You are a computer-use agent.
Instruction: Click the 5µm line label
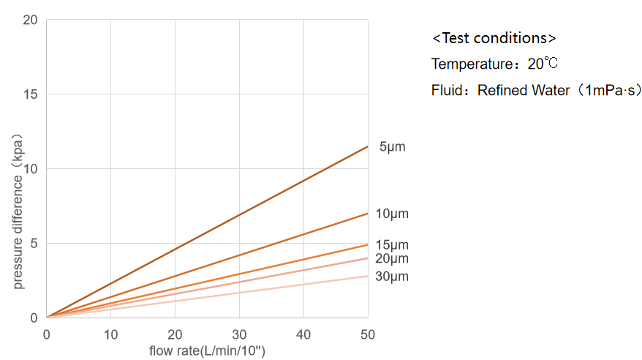[x=392, y=147]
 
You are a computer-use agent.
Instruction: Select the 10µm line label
[x=392, y=214]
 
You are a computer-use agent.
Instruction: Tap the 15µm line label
[x=392, y=245]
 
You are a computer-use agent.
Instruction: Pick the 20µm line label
[x=392, y=258]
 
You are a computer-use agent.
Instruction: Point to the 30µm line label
[x=392, y=277]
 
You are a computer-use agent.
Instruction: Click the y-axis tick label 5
[x=34, y=244]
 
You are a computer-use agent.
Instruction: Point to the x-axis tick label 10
[x=110, y=334]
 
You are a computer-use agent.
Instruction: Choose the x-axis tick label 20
[x=175, y=334]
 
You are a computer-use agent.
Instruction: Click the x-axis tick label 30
[x=239, y=334]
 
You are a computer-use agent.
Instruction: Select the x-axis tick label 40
[x=303, y=334]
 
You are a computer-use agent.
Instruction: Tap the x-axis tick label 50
[x=368, y=334]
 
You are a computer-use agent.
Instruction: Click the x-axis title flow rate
[x=207, y=350]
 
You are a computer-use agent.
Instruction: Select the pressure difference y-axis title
[x=17, y=211]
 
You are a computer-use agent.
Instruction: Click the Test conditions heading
[x=494, y=38]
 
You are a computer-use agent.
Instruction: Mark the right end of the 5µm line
[x=368, y=146]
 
